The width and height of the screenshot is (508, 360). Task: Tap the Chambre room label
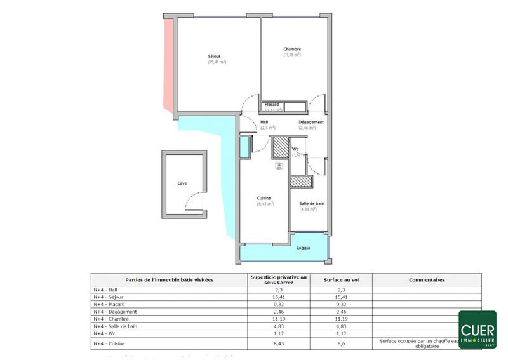(292, 49)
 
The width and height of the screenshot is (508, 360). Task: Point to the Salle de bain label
(312, 203)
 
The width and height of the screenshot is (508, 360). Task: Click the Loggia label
(304, 248)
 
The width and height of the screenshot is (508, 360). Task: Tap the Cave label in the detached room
(182, 183)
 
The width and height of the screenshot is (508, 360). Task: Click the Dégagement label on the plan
(311, 122)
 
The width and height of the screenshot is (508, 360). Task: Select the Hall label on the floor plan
(265, 122)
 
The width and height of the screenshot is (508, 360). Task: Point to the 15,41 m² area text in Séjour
(217, 62)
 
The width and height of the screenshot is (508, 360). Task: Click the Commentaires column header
(426, 279)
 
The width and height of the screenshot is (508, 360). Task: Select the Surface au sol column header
(340, 279)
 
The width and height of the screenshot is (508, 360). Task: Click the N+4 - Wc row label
(105, 333)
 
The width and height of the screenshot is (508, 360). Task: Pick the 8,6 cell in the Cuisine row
(340, 343)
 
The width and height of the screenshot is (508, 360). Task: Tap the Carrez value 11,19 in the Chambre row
(277, 319)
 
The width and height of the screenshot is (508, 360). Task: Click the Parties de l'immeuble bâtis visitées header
(170, 279)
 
